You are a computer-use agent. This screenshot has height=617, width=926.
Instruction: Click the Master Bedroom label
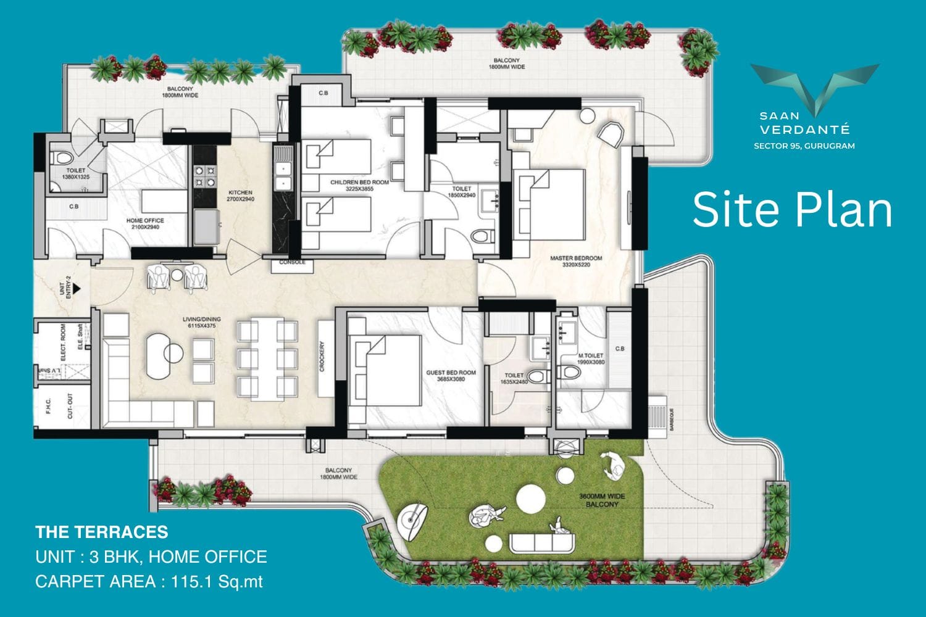pos(575,259)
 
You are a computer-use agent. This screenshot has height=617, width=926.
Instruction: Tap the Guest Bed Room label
pos(451,373)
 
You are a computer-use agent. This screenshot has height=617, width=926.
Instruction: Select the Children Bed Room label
pos(359,183)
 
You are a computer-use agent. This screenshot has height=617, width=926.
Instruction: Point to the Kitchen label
pos(240,193)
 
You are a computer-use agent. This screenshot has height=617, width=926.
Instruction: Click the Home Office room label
pos(145,220)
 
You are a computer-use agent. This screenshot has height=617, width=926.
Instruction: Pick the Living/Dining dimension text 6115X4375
pos(201,326)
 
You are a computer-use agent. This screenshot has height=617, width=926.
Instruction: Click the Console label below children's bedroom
pos(292,262)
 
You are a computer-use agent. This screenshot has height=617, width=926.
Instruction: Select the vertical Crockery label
pos(322,357)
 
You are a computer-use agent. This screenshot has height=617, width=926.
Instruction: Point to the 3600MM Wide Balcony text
pos(601,500)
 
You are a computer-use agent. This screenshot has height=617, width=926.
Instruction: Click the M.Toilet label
pos(590,356)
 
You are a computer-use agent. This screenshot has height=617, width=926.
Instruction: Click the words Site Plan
pos(792,210)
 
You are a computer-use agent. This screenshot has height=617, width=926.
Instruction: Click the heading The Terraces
pos(102,532)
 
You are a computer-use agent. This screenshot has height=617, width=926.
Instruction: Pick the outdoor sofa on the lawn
pos(542,543)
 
